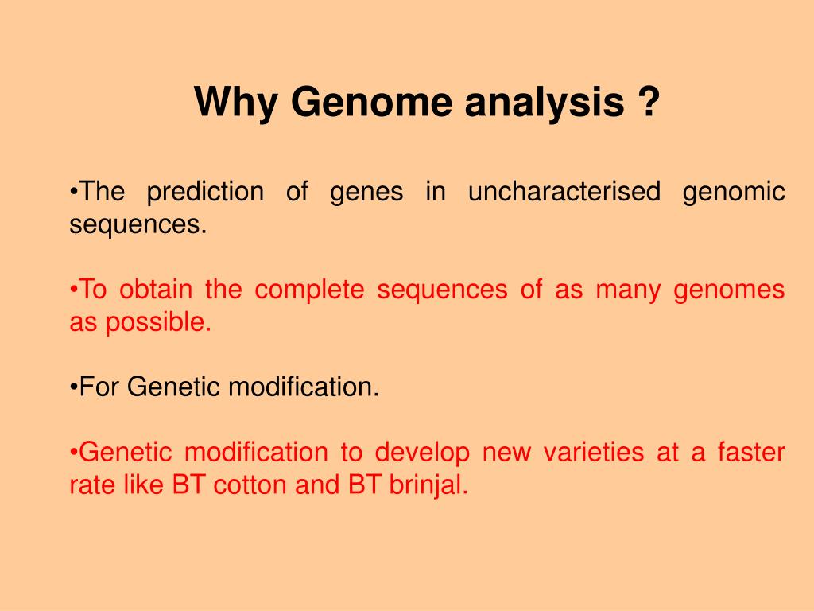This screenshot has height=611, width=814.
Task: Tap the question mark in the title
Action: click(x=647, y=100)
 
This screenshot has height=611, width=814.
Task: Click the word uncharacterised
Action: click(x=564, y=191)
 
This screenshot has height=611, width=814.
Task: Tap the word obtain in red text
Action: click(x=156, y=289)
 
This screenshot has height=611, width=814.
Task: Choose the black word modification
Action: click(x=303, y=387)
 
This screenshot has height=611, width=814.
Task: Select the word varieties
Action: click(x=593, y=452)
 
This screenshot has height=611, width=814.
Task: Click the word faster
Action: click(x=751, y=452)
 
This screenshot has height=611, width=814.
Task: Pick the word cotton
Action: click(x=250, y=485)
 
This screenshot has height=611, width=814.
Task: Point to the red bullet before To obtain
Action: click(x=74, y=290)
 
